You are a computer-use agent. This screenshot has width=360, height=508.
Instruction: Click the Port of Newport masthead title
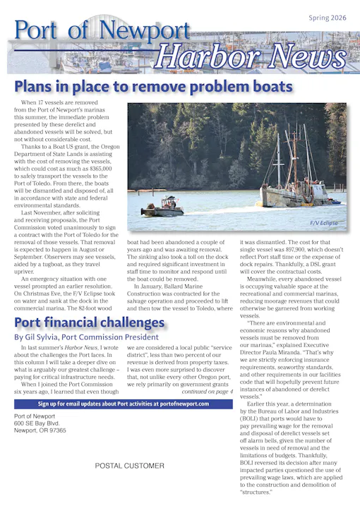point(102,31)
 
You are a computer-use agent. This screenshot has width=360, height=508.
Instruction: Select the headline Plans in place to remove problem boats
point(153,87)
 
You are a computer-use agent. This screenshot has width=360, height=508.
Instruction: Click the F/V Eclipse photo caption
point(323,223)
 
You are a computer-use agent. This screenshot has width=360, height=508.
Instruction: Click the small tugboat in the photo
point(163,206)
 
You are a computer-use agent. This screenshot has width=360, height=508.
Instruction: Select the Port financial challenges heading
point(90,323)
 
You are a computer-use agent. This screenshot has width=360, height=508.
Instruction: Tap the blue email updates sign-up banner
point(123,404)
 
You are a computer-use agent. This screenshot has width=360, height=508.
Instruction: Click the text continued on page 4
point(207,391)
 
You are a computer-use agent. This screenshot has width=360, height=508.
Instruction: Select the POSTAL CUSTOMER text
point(129,466)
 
